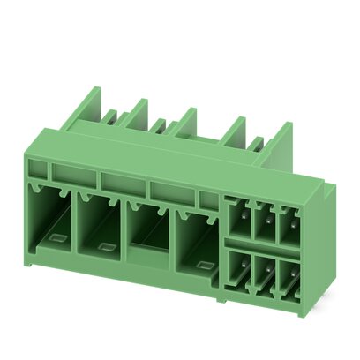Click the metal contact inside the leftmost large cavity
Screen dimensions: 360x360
[x=55, y=236]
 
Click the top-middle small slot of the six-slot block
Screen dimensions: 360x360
[x=263, y=218]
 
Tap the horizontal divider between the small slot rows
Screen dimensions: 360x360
[x=263, y=243]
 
